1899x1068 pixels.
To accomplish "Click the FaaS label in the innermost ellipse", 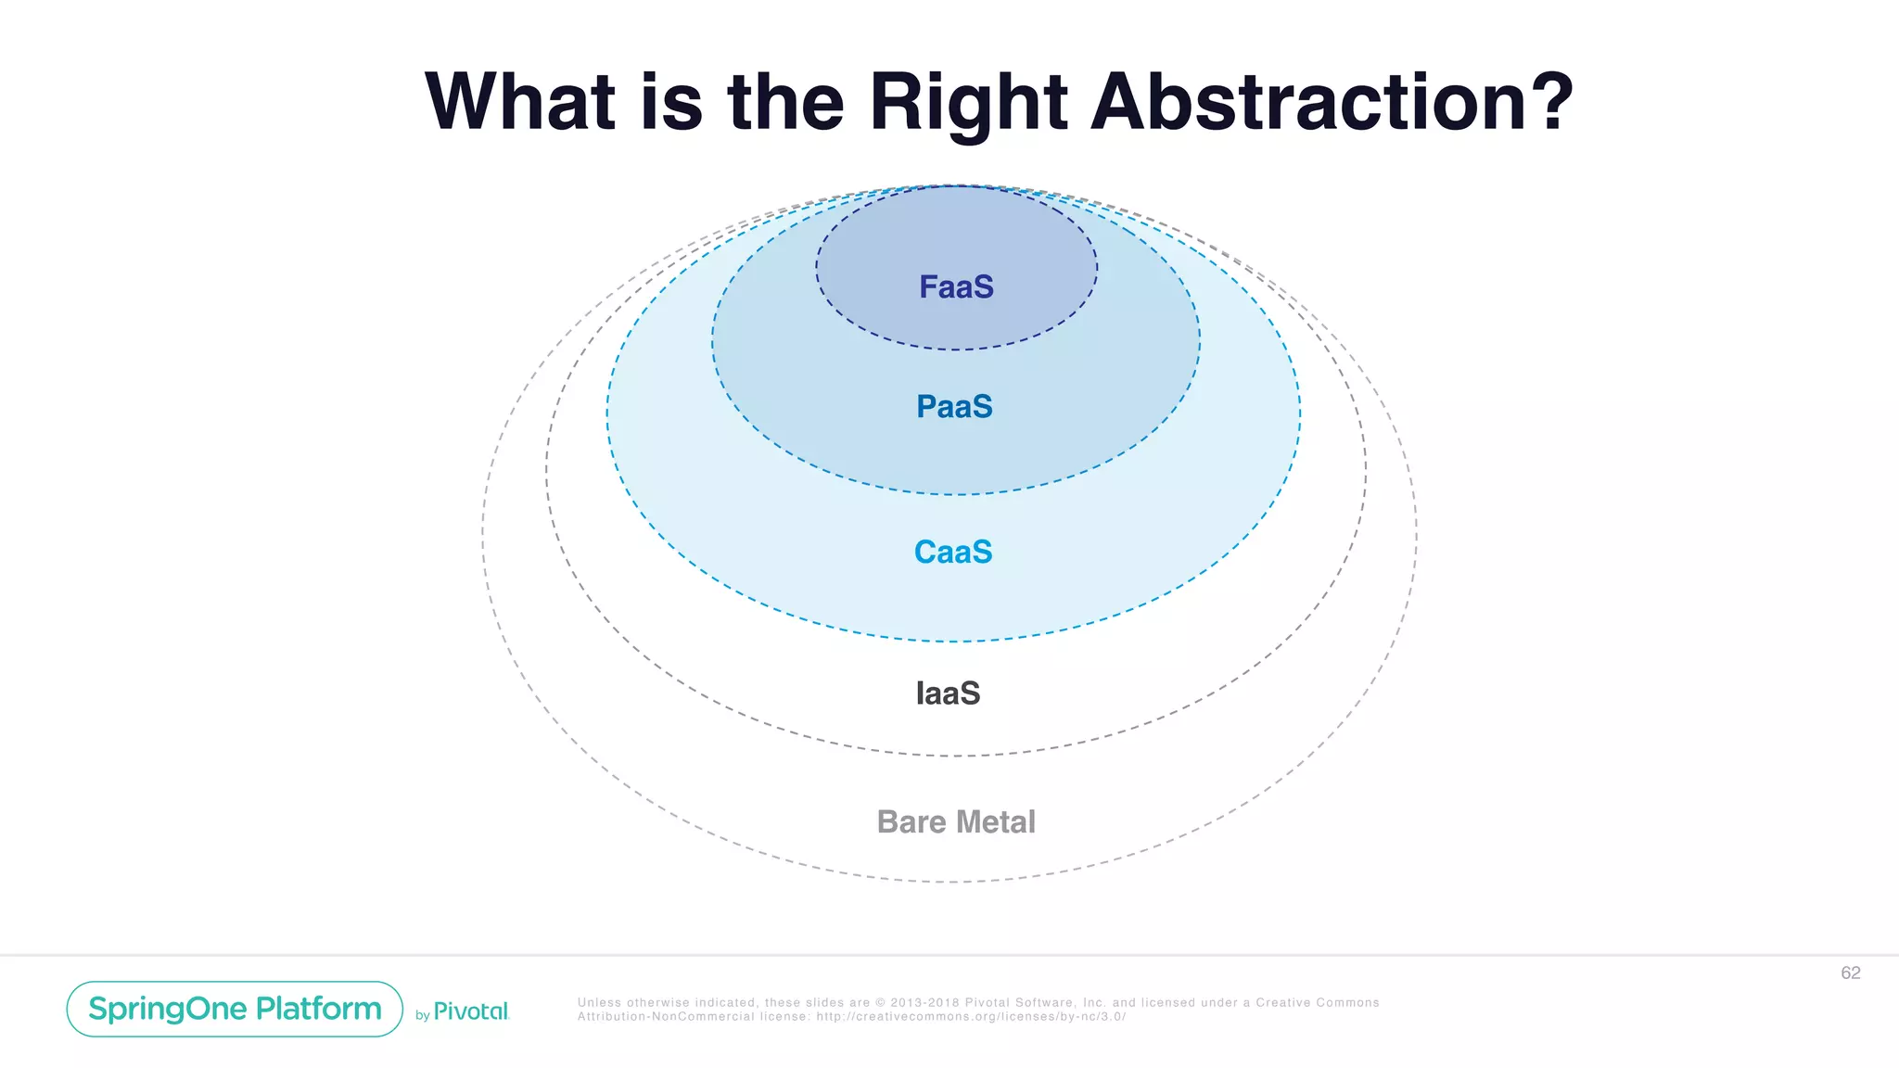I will [956, 287].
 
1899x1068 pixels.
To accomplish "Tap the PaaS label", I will [954, 407].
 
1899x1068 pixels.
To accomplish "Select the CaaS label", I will [953, 553].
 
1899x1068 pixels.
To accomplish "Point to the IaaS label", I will [948, 693].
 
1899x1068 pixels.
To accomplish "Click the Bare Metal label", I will [956, 822].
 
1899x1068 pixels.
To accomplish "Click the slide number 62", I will [1850, 973].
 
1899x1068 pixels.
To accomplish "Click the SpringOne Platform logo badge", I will [235, 1009].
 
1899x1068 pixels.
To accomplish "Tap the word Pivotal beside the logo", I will [471, 1011].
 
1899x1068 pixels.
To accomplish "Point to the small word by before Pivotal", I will [422, 1016].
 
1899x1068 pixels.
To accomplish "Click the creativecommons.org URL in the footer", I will [971, 1017].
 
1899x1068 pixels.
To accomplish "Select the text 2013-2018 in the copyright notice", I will [924, 1003].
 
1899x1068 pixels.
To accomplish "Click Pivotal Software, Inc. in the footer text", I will [1035, 1003].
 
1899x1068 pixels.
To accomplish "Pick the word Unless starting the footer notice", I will [599, 1003].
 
